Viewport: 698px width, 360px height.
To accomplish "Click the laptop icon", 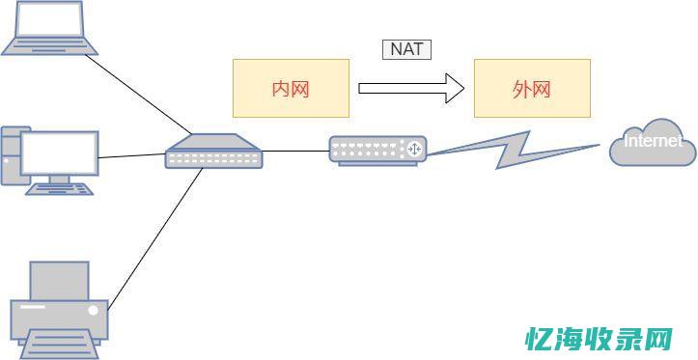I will tap(49, 27).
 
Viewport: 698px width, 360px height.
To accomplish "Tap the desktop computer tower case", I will tap(10, 154).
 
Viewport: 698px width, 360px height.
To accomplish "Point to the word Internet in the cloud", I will tap(653, 141).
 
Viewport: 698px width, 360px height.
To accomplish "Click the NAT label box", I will tap(406, 48).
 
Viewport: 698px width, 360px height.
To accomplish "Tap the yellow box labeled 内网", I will tap(291, 89).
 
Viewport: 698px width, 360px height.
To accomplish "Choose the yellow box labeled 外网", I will tap(531, 89).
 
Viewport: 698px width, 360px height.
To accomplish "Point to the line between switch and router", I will tap(295, 151).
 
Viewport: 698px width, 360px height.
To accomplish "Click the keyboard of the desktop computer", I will tap(62, 189).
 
